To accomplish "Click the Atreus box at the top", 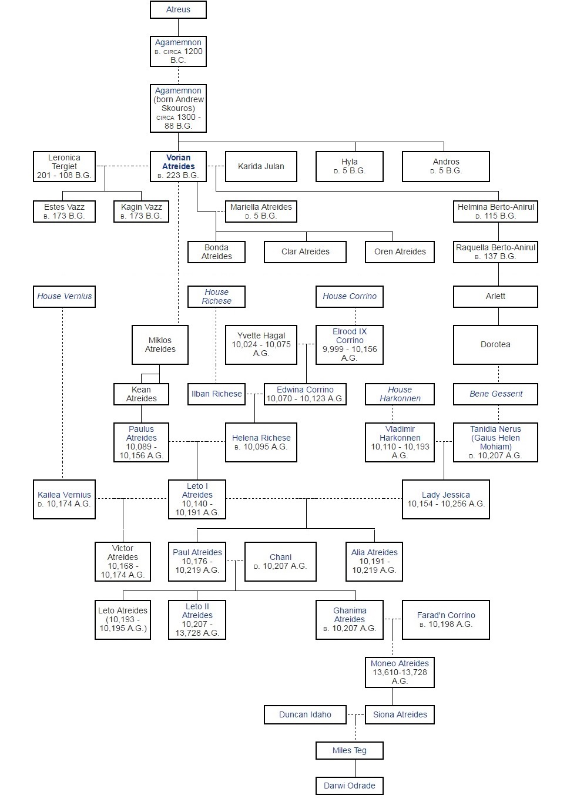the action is pos(178,9).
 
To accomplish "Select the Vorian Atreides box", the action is pos(178,166).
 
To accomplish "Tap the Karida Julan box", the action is pos(261,166).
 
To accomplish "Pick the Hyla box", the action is pos(350,166).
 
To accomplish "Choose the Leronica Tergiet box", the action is pos(64,166).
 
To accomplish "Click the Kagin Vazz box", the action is pos(141,212).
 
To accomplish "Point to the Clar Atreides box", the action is pos(305,251).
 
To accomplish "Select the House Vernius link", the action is pos(65,296).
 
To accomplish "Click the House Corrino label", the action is pos(350,296).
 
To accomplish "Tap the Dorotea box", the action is pos(495,344).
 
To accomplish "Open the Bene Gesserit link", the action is pos(496,394).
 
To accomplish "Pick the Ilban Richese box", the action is pos(216,394).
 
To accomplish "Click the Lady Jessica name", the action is pos(445,495).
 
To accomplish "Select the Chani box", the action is pos(280,562).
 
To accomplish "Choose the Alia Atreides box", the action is pos(374,562).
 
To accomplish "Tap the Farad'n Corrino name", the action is pos(446,615).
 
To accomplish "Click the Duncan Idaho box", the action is pos(305,714).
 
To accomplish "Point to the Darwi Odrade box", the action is pos(350,786).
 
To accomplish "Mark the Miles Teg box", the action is pos(350,750).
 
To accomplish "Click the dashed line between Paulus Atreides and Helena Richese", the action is pos(197,441).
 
